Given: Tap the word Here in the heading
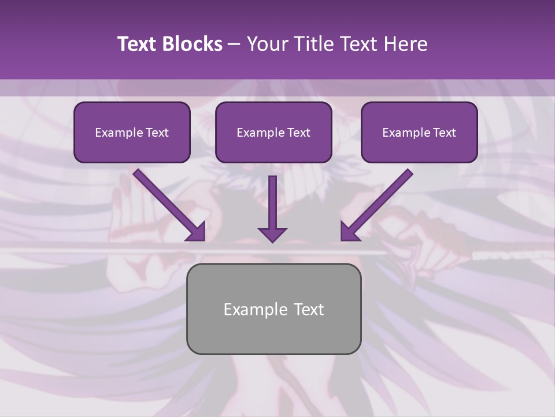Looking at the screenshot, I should [x=406, y=44].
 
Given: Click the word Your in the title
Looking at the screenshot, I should [x=268, y=44].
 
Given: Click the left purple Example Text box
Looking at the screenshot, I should [x=132, y=133].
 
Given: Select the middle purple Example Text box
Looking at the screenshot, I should [x=273, y=133].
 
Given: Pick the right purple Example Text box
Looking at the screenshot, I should [x=419, y=133].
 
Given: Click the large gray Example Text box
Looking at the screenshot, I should [x=273, y=309].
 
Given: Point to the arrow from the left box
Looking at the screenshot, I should [x=168, y=203].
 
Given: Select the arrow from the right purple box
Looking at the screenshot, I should [x=379, y=203].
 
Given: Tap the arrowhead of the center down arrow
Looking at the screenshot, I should [x=272, y=234].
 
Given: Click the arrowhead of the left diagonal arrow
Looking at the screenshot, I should [x=197, y=232].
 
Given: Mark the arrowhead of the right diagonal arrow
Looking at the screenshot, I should [x=349, y=232].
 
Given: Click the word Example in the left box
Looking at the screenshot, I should [x=115, y=133].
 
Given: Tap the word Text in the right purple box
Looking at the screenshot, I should [x=444, y=133].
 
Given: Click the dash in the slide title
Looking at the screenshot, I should [x=234, y=45].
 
